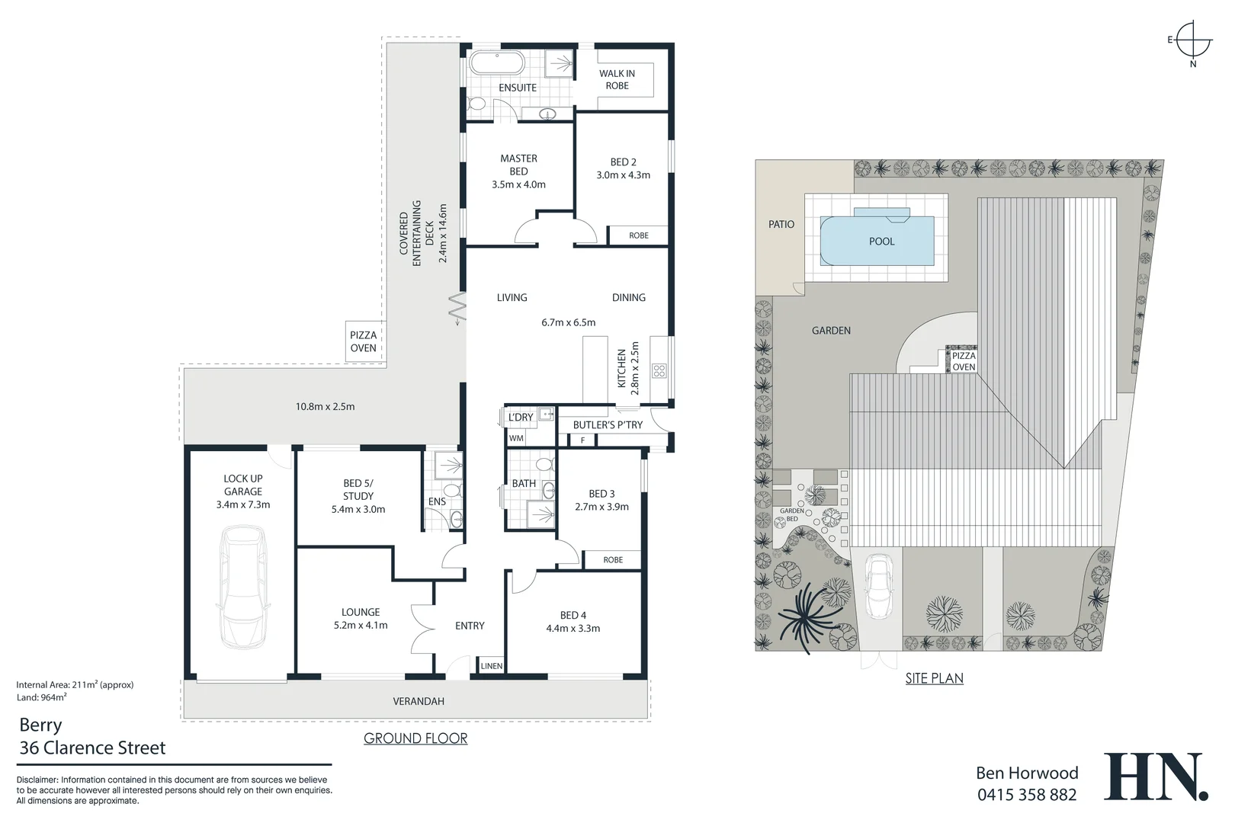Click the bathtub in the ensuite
[497, 62]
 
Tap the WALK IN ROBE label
[617, 79]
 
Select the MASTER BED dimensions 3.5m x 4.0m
[519, 184]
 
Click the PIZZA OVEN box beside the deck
[364, 341]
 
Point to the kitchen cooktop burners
[659, 370]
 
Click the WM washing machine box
[517, 438]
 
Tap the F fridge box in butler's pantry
[582, 440]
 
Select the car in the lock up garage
[243, 587]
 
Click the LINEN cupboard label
[491, 666]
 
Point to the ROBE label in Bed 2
[638, 235]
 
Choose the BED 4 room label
[573, 615]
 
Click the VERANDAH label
[419, 701]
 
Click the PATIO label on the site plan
[781, 224]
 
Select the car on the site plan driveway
[880, 587]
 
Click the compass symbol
[1193, 40]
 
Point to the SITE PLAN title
[935, 678]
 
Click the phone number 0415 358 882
[1027, 794]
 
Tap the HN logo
[1156, 777]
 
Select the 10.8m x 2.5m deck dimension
[326, 407]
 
